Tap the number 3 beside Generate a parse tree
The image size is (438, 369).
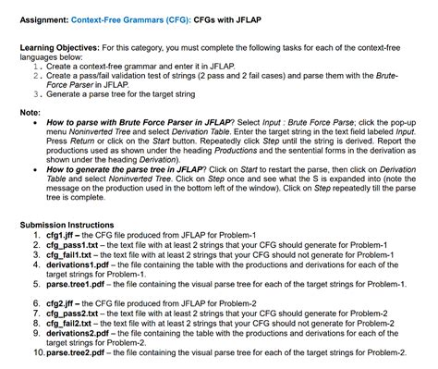point(35,94)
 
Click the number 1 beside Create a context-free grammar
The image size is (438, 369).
point(35,67)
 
